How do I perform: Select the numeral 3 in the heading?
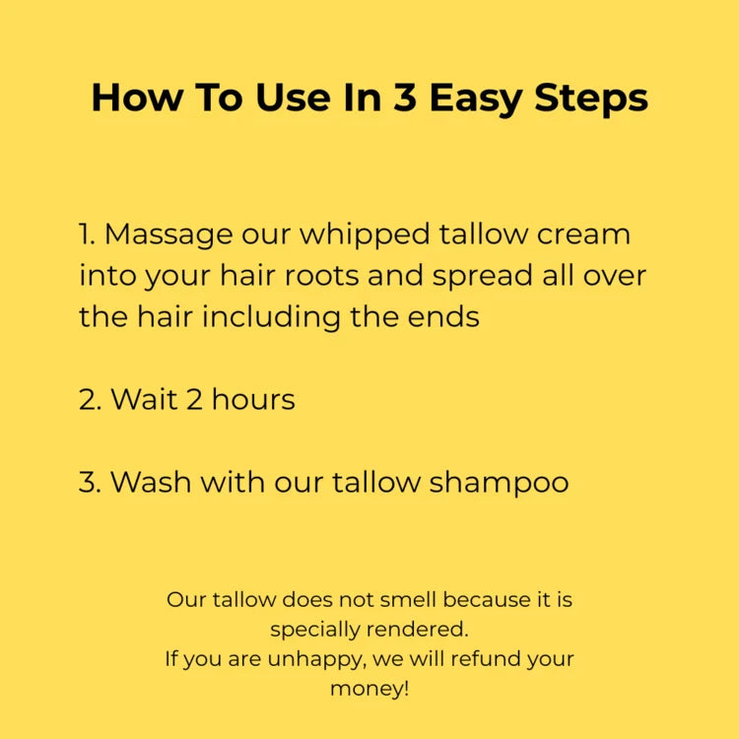(403, 99)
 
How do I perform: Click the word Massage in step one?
(169, 235)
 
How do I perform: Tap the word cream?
(584, 235)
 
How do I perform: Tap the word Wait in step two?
(140, 400)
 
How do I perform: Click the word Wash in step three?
(152, 483)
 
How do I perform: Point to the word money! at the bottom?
(369, 690)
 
